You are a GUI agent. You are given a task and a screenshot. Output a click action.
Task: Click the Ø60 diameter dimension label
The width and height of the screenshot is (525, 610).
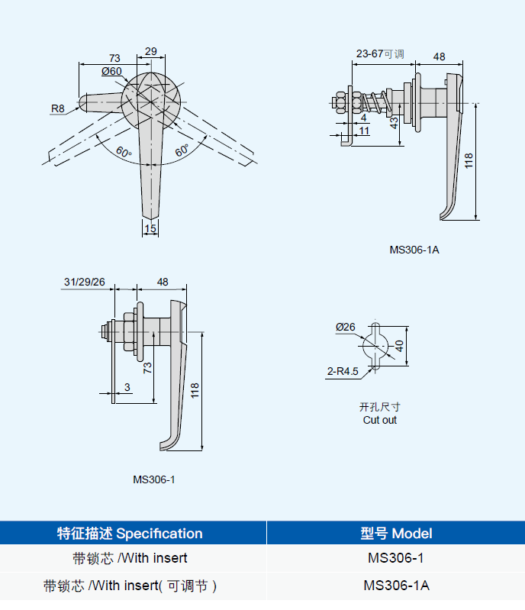click(111, 71)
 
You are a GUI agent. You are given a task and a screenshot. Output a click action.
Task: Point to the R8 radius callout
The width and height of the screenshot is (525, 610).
click(59, 108)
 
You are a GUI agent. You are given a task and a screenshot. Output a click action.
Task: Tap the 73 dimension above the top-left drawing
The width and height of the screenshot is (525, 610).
click(114, 58)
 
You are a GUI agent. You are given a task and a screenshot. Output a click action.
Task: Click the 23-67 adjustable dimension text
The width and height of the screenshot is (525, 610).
click(379, 54)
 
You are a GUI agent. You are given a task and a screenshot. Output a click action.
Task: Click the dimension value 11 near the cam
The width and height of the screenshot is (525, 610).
click(364, 131)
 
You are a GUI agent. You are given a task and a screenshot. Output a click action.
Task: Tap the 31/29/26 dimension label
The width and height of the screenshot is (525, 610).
click(85, 282)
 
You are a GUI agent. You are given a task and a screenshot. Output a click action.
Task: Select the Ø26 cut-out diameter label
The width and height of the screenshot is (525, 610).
click(345, 327)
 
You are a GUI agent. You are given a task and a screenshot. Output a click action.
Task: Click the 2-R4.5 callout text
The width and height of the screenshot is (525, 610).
click(342, 372)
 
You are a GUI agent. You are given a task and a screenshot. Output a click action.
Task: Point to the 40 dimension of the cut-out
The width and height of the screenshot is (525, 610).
click(398, 347)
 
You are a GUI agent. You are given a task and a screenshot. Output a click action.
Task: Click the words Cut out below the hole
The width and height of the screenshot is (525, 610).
click(379, 420)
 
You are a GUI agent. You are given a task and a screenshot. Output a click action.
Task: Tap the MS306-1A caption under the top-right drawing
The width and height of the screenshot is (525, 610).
click(414, 249)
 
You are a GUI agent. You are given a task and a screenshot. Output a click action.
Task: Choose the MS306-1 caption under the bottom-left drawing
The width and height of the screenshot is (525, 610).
click(154, 479)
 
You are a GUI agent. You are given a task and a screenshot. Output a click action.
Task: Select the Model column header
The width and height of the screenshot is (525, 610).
click(396, 534)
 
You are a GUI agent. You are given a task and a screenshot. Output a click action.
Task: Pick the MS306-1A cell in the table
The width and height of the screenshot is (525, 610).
click(396, 586)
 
